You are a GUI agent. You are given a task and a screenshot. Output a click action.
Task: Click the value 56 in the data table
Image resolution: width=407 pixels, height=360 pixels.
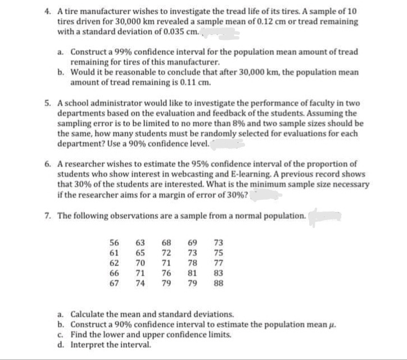click(114, 243)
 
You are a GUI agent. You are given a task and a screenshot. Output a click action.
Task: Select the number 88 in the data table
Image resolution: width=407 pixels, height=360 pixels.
click(219, 283)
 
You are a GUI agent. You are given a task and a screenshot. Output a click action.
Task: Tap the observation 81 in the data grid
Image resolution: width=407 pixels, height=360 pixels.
click(193, 273)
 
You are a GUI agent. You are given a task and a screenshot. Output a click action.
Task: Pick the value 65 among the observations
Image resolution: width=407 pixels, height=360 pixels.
click(141, 253)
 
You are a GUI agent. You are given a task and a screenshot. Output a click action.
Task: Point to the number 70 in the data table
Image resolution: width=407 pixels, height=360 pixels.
click(141, 263)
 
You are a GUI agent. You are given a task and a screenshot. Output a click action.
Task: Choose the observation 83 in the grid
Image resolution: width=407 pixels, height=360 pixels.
click(219, 273)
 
